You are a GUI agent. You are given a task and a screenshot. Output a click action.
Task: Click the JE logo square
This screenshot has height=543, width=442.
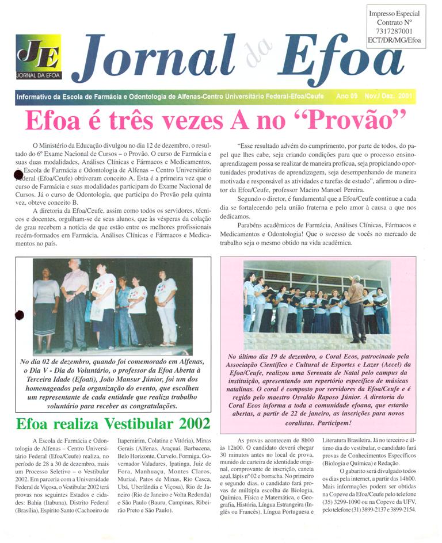coord(39,56)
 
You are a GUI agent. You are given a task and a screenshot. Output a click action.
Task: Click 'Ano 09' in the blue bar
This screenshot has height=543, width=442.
coord(346,96)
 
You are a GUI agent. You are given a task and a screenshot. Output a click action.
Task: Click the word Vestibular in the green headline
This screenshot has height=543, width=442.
coord(123,425)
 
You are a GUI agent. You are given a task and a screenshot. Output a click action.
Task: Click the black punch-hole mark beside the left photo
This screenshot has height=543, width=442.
coord(19,315)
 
